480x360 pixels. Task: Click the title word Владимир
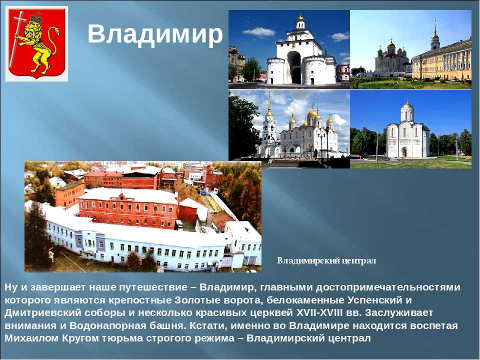155,34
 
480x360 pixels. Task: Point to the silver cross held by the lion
16,38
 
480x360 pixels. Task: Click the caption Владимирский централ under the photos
326,261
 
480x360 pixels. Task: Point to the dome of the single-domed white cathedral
407,105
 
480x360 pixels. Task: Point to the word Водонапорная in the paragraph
108,325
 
